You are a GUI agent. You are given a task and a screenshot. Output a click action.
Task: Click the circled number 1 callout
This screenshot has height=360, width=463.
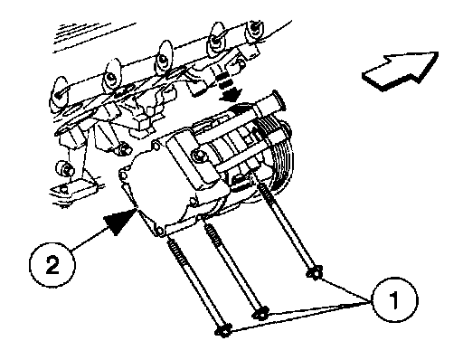point(395,299)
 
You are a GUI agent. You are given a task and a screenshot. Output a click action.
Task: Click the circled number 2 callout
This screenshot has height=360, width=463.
point(52,265)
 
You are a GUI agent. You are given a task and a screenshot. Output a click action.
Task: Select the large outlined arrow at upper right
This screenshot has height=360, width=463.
point(400,71)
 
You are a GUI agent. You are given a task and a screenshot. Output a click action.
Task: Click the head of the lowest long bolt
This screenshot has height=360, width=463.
point(223,330)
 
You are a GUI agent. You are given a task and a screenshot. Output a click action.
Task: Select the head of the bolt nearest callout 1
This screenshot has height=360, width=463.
point(315,272)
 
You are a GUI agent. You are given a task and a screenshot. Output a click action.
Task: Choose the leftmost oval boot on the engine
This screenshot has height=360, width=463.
point(61,92)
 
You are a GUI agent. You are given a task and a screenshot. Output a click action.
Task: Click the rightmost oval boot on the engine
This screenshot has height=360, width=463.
point(255,30)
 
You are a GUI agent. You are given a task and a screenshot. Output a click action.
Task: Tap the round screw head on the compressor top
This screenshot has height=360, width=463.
point(200,156)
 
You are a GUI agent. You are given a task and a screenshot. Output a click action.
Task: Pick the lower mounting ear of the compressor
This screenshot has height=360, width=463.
point(158,231)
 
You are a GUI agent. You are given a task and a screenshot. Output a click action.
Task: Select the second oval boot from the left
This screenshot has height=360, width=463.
point(112,74)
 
